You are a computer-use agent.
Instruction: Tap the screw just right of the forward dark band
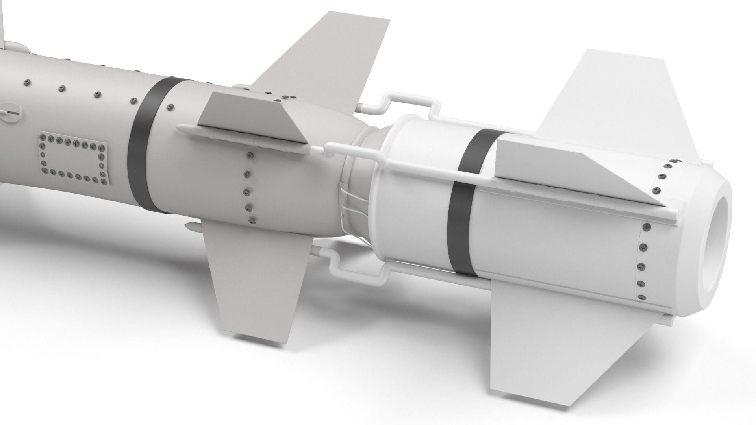(170, 106)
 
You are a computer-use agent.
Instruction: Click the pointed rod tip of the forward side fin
(179, 127)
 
